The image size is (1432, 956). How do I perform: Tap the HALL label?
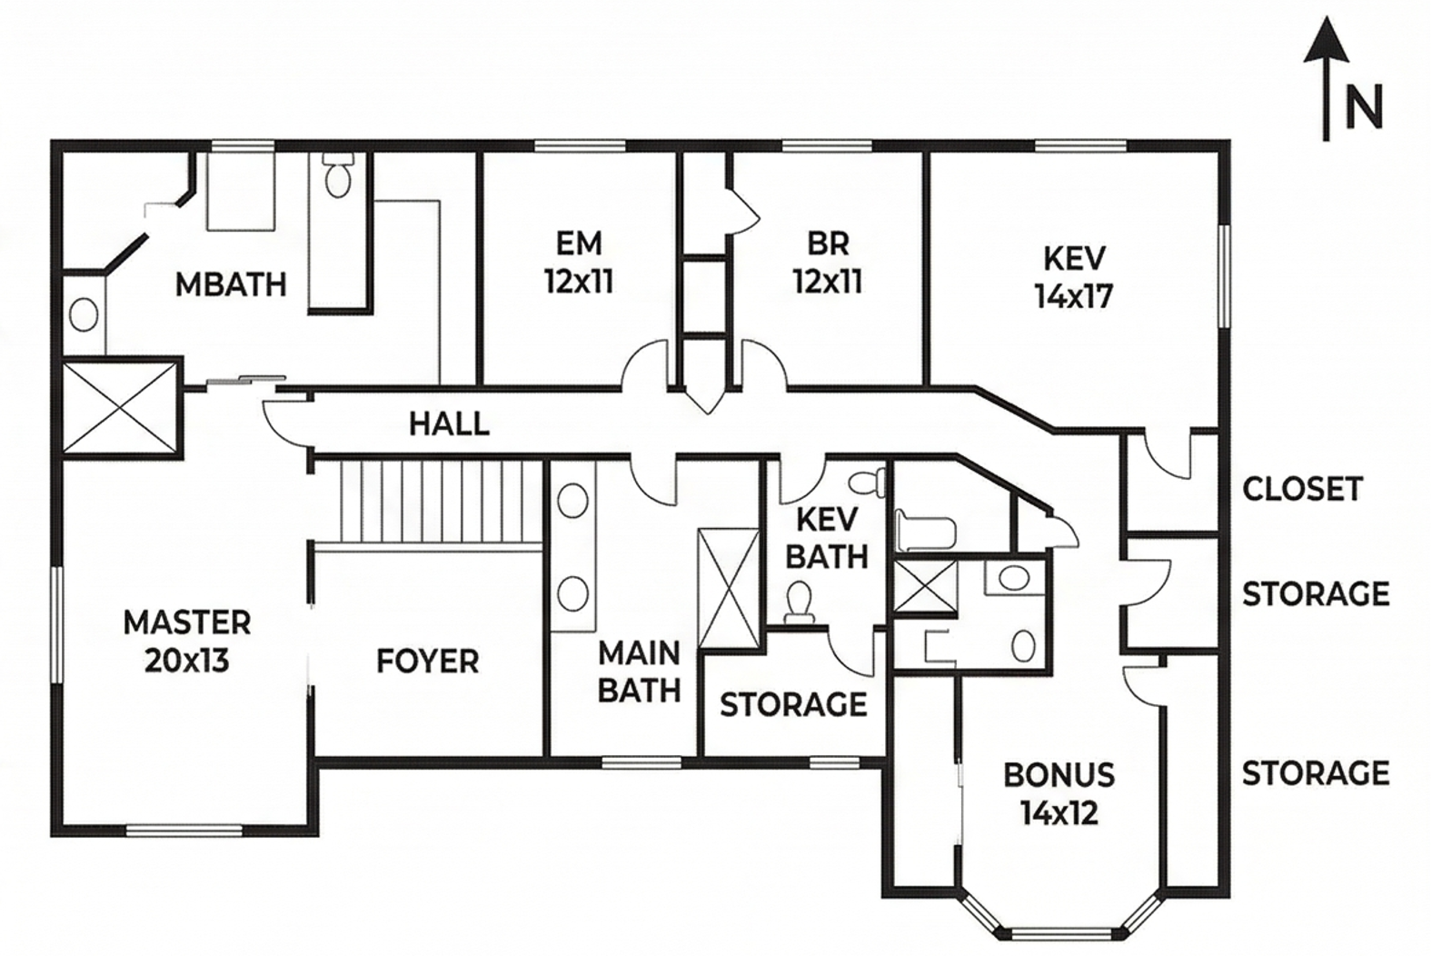[450, 424]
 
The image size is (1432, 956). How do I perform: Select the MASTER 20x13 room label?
[186, 642]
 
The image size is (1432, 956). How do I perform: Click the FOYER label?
[428, 662]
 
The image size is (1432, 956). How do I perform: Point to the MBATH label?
[231, 285]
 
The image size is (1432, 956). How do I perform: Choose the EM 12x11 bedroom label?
[579, 263]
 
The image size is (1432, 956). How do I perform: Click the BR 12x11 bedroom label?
[828, 263]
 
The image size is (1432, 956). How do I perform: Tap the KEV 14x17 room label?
[1074, 277]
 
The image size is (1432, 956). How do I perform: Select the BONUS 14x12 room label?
[1059, 794]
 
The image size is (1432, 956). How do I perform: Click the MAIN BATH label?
[640, 672]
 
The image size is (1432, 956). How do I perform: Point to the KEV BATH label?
[827, 539]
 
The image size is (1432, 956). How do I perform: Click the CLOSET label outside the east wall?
[1302, 489]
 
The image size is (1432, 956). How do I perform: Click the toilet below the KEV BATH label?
[800, 602]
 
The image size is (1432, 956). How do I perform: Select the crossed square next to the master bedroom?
[120, 407]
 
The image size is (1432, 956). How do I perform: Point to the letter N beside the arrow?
[1364, 107]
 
